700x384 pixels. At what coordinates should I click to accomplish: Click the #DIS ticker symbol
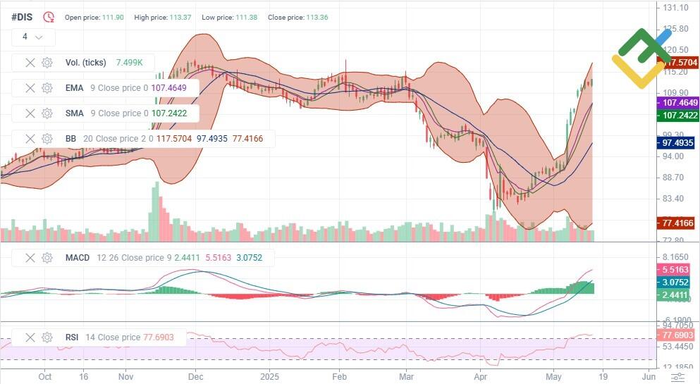point(22,17)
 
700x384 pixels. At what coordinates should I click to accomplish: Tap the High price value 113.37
point(180,17)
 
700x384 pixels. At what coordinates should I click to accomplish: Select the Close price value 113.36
point(317,17)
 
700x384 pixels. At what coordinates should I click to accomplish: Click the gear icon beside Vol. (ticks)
point(47,63)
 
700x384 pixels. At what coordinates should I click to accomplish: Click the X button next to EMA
point(30,88)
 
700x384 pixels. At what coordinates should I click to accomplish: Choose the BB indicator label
point(70,139)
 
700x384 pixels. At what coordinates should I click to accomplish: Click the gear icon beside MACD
point(47,258)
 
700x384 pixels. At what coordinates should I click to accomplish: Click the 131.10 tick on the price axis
point(675,8)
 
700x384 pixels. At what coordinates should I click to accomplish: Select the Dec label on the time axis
point(195,377)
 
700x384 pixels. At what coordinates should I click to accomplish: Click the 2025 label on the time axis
point(270,377)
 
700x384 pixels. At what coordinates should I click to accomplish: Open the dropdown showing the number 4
point(32,37)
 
